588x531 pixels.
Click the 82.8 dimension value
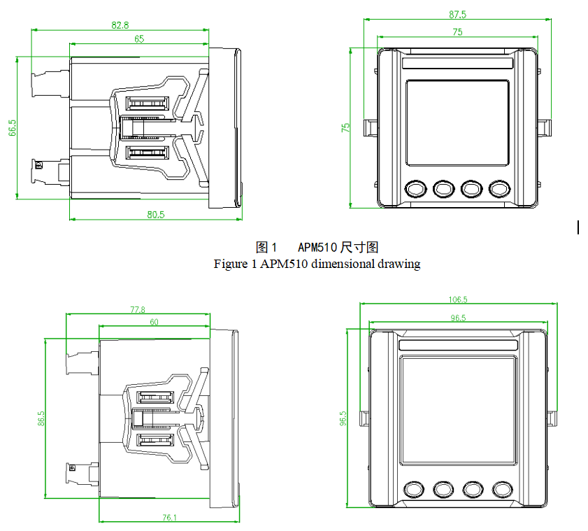(120, 24)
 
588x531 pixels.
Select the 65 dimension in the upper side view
(139, 39)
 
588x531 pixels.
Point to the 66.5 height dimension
(13, 127)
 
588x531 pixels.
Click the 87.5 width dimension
(457, 14)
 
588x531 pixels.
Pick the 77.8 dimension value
(138, 309)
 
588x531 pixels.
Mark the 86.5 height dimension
(41, 418)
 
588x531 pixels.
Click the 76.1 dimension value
(169, 518)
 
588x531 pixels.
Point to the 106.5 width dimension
(458, 299)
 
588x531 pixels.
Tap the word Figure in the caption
(231, 264)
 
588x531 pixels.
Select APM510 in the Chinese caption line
(317, 247)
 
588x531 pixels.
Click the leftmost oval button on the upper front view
(415, 188)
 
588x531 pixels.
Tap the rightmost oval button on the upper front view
(499, 188)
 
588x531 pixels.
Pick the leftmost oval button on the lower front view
(414, 488)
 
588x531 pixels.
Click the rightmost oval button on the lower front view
(502, 488)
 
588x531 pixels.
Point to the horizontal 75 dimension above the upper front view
(457, 31)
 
